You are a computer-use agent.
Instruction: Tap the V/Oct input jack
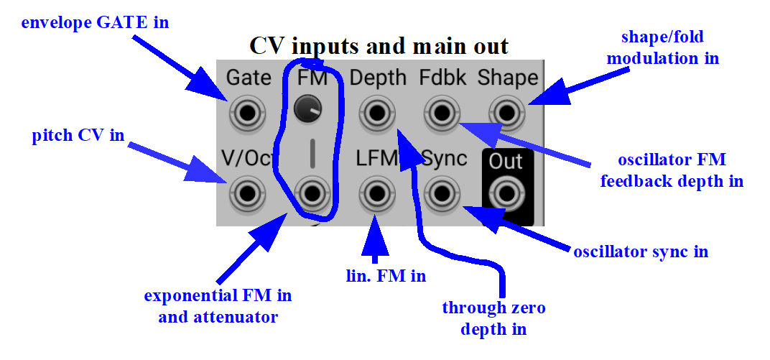tap(247, 193)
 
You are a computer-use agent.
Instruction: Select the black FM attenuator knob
tap(307, 109)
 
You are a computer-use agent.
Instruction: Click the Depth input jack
tap(376, 114)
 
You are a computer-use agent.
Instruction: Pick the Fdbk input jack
tap(442, 114)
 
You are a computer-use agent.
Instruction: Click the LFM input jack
tap(376, 193)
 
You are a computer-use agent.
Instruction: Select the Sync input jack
tap(442, 193)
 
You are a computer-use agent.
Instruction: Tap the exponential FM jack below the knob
tap(310, 193)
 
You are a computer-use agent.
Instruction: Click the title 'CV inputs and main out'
tap(379, 46)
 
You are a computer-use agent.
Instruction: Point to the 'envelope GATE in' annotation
tap(96, 22)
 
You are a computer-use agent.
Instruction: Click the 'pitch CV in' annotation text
tap(78, 135)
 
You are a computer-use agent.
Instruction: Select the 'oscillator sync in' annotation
tap(641, 251)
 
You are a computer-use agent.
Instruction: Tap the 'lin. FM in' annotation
tap(386, 276)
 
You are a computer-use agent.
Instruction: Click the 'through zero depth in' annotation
tap(493, 318)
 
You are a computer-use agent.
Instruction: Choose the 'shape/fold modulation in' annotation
tap(663, 47)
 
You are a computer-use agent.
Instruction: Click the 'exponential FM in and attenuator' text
tap(218, 306)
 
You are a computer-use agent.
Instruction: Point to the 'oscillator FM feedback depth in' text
tap(672, 170)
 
